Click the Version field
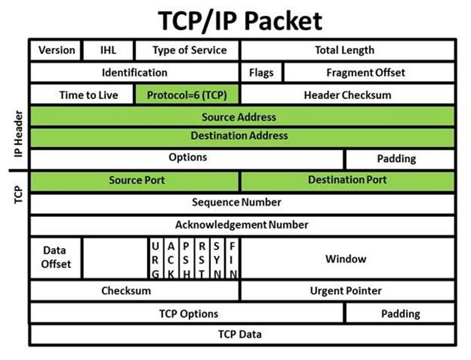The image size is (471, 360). coord(56,51)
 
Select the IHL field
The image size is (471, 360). coord(108,51)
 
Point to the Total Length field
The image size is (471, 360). coord(346,51)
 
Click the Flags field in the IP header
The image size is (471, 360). coord(262,73)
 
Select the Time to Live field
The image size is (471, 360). coord(82,94)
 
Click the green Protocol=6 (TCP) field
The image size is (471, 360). coord(187,94)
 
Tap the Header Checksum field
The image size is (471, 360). coord(346,94)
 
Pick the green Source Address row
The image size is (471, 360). coord(241,116)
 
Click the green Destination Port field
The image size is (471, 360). coord(346,181)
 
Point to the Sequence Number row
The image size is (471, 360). coord(241,202)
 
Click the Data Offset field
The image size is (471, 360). coord(56,259)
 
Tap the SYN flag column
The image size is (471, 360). coord(217,259)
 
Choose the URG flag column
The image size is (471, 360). coord(154,259)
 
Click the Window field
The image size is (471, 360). coord(346,259)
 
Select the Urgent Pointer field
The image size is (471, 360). coord(346,290)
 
